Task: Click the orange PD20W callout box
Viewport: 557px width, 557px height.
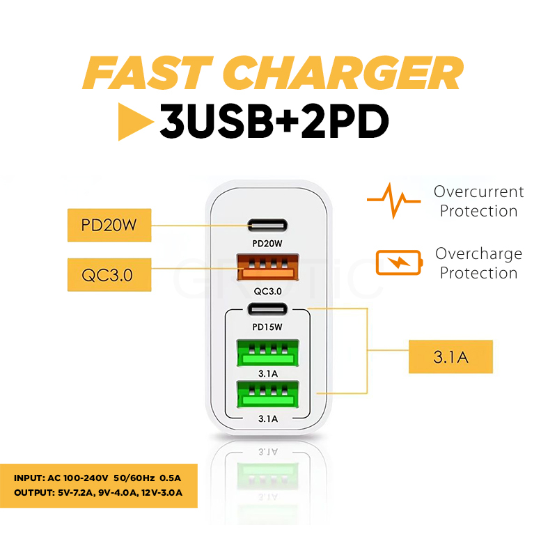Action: (x=109, y=224)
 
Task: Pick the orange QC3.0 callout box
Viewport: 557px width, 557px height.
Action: (x=109, y=274)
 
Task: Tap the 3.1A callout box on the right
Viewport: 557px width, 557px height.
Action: (x=450, y=358)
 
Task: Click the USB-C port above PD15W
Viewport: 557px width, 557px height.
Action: (x=267, y=309)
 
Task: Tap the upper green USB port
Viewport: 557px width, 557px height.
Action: (x=267, y=352)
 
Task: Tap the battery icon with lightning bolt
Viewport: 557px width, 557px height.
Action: (x=398, y=263)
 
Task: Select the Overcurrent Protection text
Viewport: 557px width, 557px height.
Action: (x=478, y=201)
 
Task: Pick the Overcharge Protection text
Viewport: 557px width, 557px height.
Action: (x=478, y=263)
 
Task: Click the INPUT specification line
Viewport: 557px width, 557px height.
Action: (x=97, y=478)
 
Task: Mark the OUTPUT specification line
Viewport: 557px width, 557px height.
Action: (x=97, y=493)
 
